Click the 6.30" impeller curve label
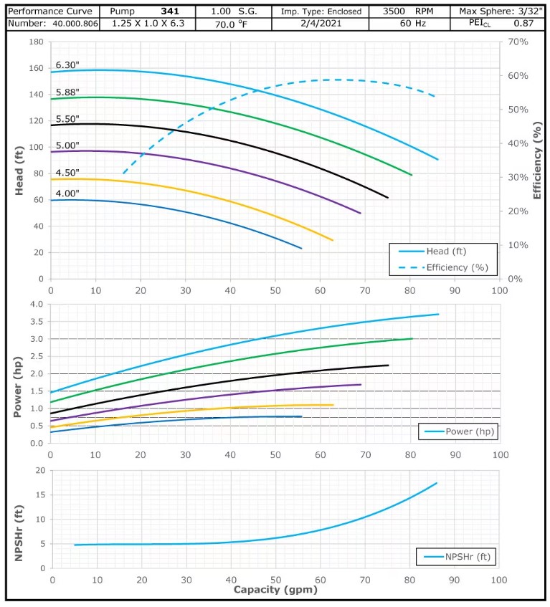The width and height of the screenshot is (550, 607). click(67, 65)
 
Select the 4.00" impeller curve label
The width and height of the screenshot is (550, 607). click(67, 193)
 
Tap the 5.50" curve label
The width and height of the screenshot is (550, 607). click(67, 118)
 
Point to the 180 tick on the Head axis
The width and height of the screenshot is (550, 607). click(36, 42)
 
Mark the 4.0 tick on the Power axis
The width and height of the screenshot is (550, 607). click(37, 304)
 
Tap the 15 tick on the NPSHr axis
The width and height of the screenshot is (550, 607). click(39, 494)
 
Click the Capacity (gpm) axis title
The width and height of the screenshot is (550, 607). click(275, 591)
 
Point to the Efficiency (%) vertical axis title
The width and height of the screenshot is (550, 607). click(537, 160)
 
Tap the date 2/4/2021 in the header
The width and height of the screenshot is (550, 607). click(321, 24)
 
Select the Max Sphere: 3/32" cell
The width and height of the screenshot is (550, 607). click(500, 11)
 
